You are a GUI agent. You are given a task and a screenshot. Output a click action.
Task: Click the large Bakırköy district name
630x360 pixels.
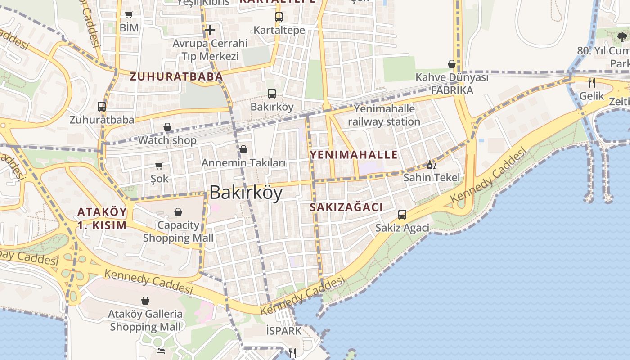click(x=246, y=193)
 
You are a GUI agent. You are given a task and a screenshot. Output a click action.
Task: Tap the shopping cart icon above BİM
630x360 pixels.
click(x=129, y=14)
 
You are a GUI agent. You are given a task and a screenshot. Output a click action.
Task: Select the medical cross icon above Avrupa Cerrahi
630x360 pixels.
click(x=210, y=30)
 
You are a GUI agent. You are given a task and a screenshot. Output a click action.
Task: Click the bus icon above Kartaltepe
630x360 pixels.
click(x=279, y=17)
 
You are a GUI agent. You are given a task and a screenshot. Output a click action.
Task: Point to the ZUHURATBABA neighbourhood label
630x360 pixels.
click(x=176, y=76)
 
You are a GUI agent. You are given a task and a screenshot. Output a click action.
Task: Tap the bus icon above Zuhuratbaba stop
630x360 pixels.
click(x=102, y=107)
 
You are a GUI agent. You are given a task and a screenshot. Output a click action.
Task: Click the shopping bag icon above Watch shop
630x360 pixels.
click(x=167, y=127)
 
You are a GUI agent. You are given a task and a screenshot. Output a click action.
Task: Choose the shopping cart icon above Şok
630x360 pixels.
click(x=159, y=166)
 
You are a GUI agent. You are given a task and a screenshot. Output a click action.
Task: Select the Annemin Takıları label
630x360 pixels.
click(x=243, y=163)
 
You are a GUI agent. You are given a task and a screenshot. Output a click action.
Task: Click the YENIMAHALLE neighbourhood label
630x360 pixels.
click(x=354, y=155)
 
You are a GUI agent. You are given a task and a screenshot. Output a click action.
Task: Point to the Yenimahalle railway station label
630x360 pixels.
click(x=384, y=115)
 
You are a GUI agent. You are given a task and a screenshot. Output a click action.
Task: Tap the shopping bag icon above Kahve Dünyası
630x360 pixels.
click(x=452, y=64)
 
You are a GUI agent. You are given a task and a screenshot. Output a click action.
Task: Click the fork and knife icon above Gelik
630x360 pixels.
click(x=592, y=83)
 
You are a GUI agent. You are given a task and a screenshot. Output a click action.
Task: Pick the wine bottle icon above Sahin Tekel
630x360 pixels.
click(x=431, y=165)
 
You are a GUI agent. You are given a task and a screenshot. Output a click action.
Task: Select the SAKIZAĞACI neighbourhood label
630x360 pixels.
click(x=346, y=207)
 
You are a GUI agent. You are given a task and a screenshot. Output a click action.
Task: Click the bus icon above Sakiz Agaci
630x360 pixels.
click(x=402, y=215)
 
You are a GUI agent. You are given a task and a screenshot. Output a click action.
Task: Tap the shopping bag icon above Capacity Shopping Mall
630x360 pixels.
click(x=178, y=212)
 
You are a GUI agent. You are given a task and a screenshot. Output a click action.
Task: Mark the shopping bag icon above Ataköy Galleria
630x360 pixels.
click(x=145, y=301)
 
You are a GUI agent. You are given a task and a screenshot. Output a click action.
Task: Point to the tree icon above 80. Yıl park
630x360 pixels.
click(x=622, y=37)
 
